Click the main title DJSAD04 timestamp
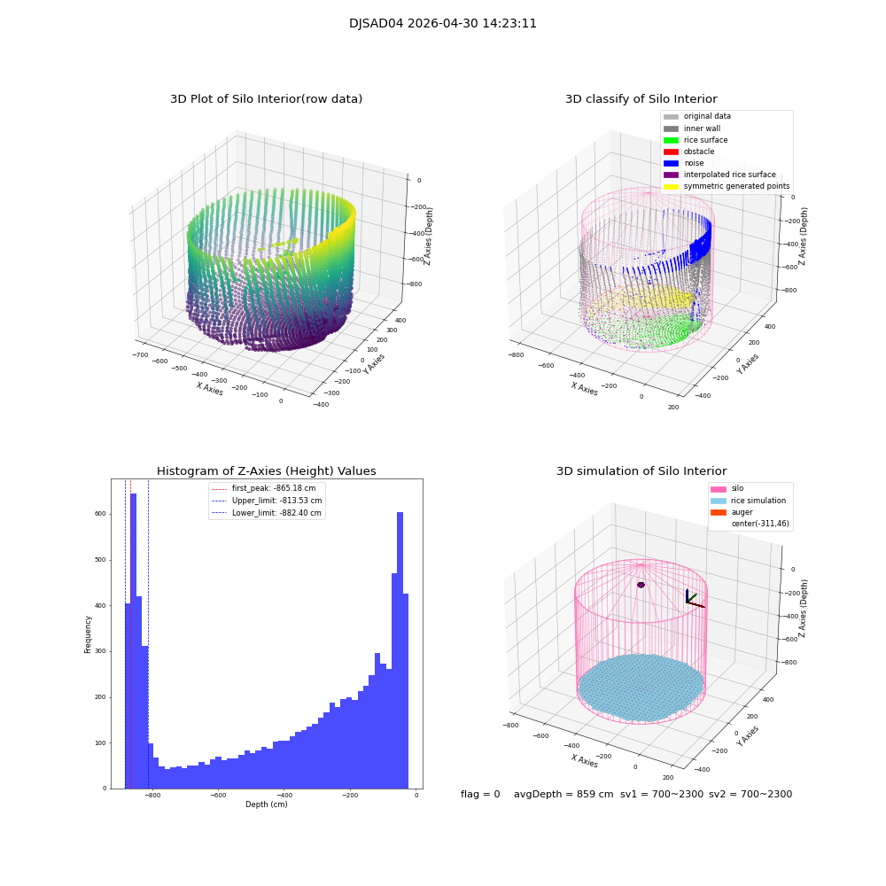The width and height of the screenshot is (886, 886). tap(442, 24)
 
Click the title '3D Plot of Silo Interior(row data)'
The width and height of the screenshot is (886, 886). tap(266, 99)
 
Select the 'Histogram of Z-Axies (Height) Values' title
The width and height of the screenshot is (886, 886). tap(266, 471)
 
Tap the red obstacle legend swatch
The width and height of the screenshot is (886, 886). tap(671, 152)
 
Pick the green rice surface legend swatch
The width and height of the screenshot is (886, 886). tap(671, 140)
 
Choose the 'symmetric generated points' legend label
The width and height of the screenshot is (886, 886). tap(736, 186)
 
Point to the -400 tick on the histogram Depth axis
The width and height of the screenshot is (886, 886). tap(284, 796)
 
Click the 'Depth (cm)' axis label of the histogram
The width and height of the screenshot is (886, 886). tap(266, 804)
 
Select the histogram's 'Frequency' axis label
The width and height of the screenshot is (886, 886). tap(88, 633)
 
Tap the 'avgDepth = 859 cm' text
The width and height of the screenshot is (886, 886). tap(563, 795)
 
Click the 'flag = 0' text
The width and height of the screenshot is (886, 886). tap(480, 795)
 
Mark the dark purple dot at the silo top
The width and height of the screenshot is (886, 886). tap(641, 585)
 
